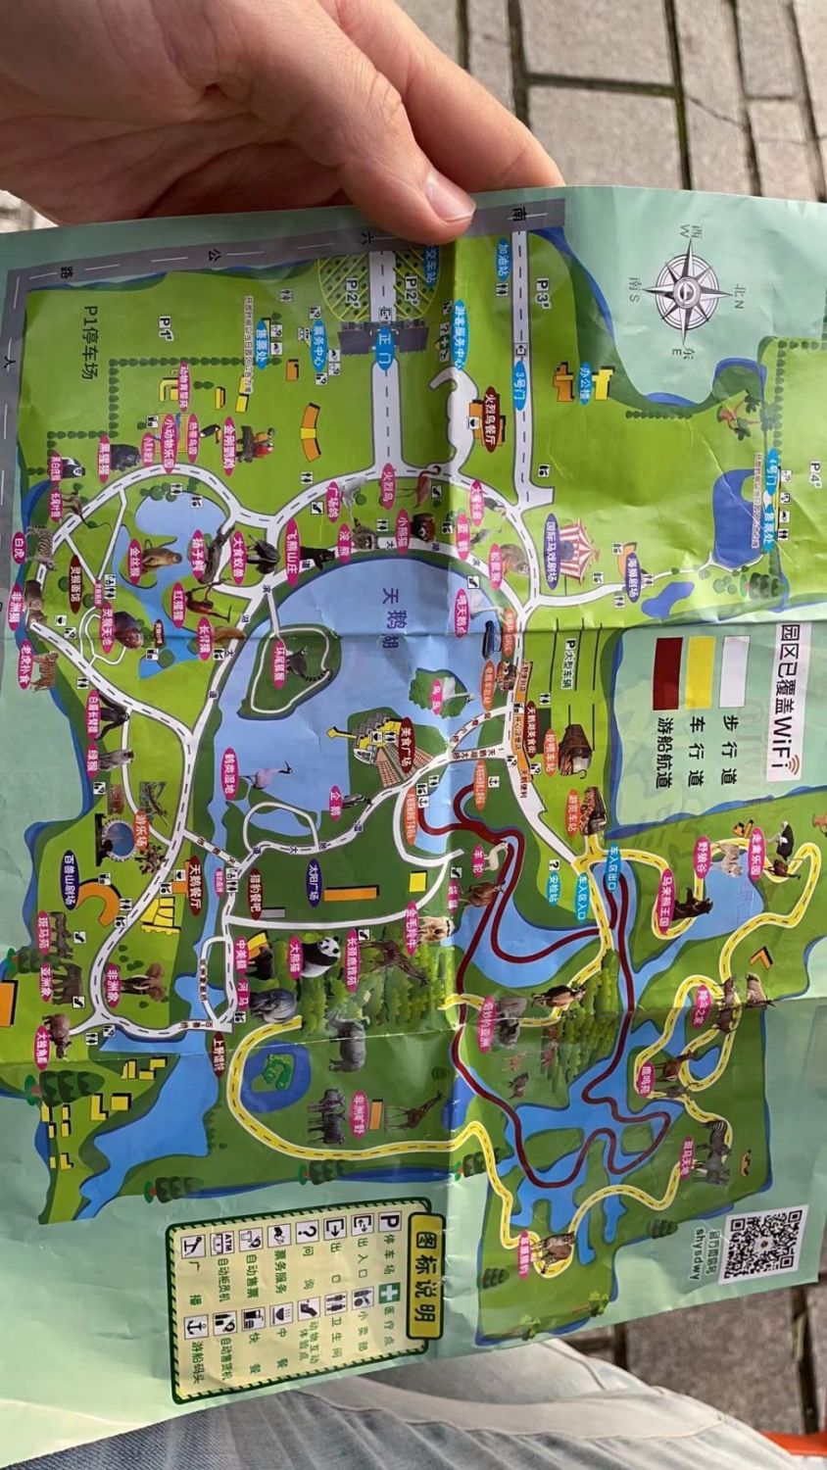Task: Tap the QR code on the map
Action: coord(765,1245)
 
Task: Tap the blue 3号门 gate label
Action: coord(520,377)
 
